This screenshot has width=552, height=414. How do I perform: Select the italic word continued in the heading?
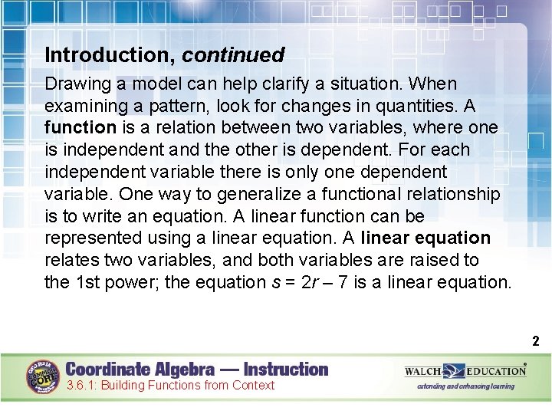pyautogui.click(x=234, y=55)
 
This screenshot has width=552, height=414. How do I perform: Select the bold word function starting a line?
pyautogui.click(x=80, y=128)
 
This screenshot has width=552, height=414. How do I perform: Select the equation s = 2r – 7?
pyautogui.click(x=317, y=283)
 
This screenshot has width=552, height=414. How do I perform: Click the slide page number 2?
pyautogui.click(x=536, y=342)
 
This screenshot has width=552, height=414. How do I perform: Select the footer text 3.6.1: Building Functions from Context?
pyautogui.click(x=169, y=386)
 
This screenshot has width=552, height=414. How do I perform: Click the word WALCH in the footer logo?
pyautogui.click(x=423, y=371)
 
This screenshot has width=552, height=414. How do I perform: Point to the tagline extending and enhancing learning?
pyautogui.click(x=465, y=386)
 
